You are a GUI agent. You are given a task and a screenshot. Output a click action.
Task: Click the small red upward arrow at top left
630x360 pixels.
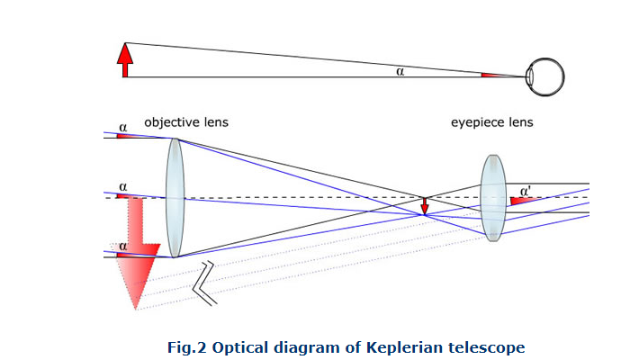point(124,59)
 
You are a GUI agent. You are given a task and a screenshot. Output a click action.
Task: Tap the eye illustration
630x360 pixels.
point(544,76)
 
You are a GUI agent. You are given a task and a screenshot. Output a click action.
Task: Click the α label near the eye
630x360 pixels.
point(400,71)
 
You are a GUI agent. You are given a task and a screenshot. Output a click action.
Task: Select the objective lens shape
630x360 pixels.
point(175,197)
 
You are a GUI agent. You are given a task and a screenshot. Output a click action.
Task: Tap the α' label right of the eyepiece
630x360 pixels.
point(525,191)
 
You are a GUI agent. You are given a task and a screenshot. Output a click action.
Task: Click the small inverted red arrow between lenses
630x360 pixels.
point(425,207)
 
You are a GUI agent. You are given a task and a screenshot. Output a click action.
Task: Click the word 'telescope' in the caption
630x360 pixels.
point(490,346)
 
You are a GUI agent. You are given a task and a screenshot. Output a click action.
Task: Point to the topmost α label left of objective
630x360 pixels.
point(122,128)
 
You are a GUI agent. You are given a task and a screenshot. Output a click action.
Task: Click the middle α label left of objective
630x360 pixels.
point(122,186)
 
